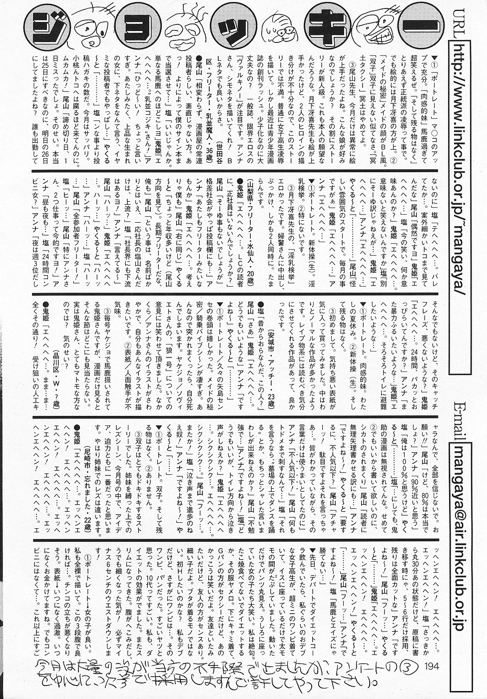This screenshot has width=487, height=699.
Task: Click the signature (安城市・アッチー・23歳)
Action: tap(272, 367)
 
